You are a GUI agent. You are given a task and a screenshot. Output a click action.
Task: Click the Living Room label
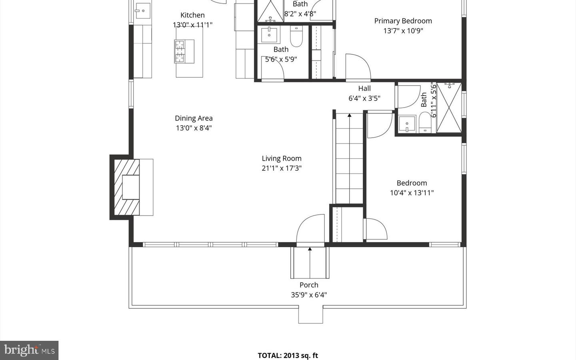point(282,158)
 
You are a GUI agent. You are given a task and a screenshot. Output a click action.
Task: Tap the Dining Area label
point(194,118)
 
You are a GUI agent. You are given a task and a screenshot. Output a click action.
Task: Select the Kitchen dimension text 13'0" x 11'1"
point(192,25)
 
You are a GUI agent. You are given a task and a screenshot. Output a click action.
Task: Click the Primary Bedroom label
point(403,21)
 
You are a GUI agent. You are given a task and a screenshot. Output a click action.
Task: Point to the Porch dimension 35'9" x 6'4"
point(309,295)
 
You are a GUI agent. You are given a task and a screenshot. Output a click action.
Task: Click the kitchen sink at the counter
point(142,11)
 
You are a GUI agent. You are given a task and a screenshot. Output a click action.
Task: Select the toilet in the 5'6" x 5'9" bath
point(296,37)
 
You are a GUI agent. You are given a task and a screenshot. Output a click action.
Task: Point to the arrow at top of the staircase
point(349,115)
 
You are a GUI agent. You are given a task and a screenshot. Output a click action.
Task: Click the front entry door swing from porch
point(310,230)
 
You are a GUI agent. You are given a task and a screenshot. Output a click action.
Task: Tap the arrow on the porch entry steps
point(310,250)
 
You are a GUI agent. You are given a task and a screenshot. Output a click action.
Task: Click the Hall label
point(364,88)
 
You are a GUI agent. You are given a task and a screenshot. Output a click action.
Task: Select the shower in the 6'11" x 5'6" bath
point(449,107)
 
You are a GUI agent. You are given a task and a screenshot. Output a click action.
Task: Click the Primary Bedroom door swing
point(358,67)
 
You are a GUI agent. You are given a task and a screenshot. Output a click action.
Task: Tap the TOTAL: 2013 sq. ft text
point(288,355)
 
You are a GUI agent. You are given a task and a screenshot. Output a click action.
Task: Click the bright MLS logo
point(29,350)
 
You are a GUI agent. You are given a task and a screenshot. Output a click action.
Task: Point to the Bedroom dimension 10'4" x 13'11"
point(412,193)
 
